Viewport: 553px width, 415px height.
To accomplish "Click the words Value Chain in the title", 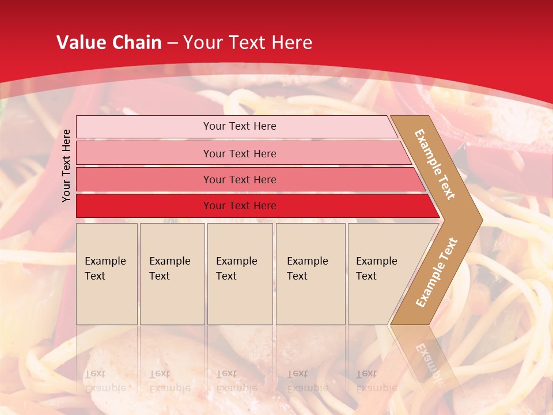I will tap(109, 42).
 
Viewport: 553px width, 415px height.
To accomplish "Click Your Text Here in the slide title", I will tap(248, 42).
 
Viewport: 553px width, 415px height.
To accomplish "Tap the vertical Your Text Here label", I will tap(67, 165).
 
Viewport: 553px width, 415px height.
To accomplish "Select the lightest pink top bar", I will tap(144, 127).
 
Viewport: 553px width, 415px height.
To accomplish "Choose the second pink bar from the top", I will tap(144, 153).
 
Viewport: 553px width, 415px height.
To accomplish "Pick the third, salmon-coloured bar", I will tap(144, 179).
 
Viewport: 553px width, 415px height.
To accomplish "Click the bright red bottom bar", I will tap(144, 206).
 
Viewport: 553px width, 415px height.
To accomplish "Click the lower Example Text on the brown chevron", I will tap(436, 273).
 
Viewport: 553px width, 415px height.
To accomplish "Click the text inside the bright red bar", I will tap(240, 206).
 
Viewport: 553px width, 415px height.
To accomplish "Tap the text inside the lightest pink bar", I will tap(240, 126).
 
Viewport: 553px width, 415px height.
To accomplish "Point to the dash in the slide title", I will tap(172, 43).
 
